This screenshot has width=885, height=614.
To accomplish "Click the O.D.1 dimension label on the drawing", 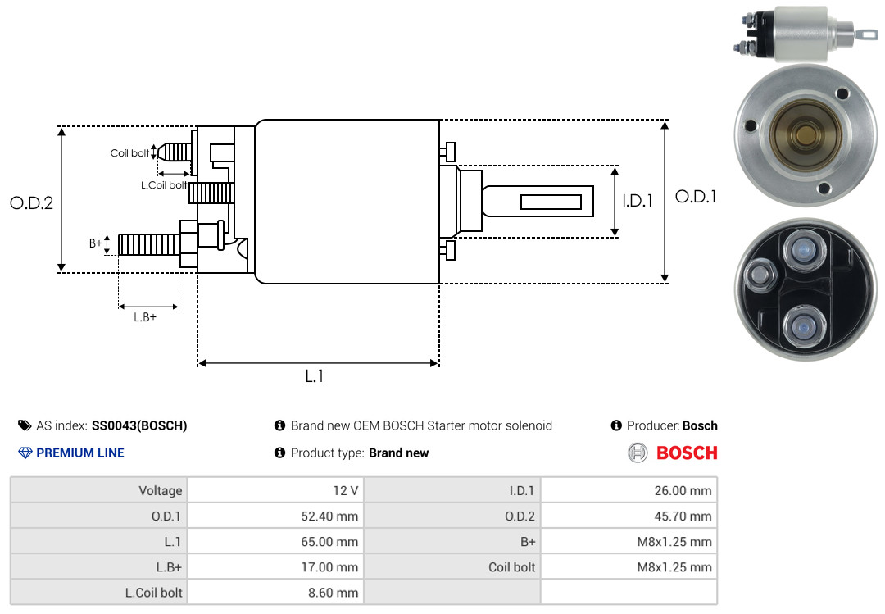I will tap(696, 197).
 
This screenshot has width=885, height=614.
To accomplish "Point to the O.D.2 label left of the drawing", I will tap(31, 203).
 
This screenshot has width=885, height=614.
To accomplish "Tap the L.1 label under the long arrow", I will tap(315, 376).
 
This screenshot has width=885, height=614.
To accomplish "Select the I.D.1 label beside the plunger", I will tap(637, 200).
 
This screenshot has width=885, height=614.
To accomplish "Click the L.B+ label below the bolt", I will tap(145, 317).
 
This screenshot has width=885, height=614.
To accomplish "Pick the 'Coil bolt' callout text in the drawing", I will tap(129, 153).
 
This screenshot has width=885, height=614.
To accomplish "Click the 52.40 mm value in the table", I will tap(331, 516).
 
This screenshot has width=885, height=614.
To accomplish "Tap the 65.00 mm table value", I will tap(331, 542).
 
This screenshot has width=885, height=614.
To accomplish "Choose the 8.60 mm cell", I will tap(334, 592).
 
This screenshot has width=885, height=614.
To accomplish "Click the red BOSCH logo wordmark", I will tap(687, 453).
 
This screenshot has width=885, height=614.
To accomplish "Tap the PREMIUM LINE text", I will tap(80, 453).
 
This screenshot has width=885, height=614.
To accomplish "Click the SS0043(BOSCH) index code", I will tap(139, 425).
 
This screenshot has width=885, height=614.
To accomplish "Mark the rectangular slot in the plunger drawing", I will tap(551, 202).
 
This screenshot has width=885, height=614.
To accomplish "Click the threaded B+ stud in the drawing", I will tap(148, 244).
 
